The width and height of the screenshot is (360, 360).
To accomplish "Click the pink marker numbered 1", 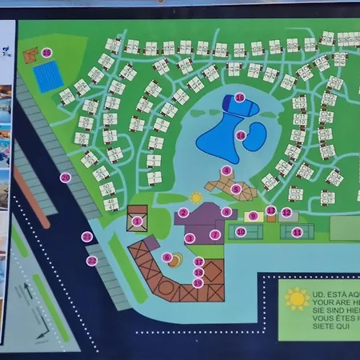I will [137, 221].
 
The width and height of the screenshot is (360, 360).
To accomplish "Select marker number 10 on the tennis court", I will [240, 232].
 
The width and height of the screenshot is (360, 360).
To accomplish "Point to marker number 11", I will [297, 232].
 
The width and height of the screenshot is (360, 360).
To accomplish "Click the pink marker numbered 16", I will [240, 98].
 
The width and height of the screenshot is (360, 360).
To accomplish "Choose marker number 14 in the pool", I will [240, 135].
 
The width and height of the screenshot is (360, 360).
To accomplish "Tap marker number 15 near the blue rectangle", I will [46, 53].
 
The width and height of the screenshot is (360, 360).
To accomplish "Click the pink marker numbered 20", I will [65, 178].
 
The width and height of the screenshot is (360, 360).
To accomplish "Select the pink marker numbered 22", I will [91, 261].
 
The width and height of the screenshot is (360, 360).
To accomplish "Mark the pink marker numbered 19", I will [198, 282].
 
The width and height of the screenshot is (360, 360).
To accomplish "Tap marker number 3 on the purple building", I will [190, 238].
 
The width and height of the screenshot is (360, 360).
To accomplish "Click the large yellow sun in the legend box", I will [297, 298].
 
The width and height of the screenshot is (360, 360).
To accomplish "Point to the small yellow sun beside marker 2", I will [196, 197].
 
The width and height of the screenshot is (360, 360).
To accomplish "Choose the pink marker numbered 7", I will [214, 234].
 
